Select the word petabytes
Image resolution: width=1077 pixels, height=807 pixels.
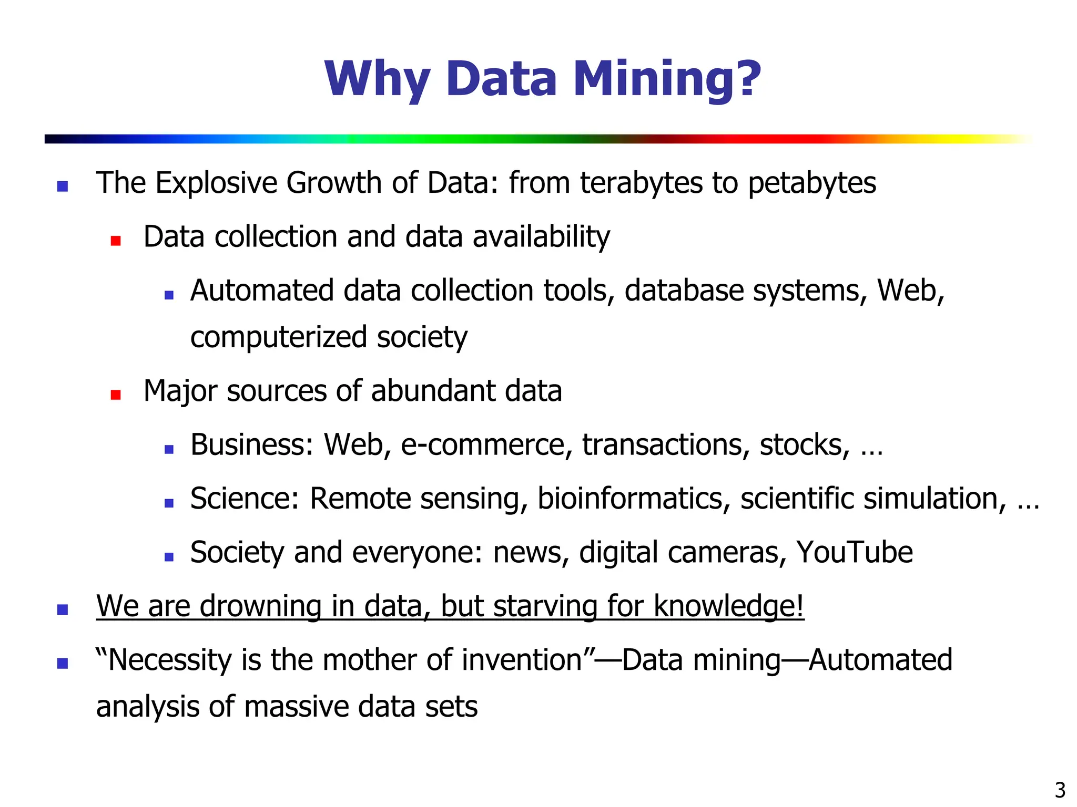pos(811,183)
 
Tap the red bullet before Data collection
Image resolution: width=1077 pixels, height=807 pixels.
pos(116,241)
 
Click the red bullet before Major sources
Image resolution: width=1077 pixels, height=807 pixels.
pos(116,395)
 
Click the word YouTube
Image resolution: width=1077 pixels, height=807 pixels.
pos(854,552)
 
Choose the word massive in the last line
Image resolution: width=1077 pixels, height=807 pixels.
pos(296,707)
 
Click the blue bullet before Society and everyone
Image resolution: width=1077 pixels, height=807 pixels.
pos(169,557)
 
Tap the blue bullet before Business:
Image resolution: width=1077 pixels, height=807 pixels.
pos(169,449)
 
